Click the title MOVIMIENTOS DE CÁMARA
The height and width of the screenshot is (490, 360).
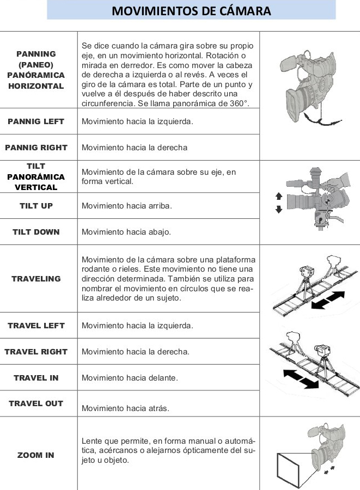click(191, 10)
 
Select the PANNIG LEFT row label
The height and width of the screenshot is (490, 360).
click(36, 121)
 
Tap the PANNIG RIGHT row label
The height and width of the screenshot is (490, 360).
click(36, 148)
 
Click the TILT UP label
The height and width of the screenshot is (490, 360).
click(36, 206)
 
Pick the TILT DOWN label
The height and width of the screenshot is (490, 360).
click(36, 232)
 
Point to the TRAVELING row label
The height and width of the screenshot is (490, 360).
click(36, 279)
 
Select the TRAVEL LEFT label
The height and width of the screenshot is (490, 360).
click(36, 326)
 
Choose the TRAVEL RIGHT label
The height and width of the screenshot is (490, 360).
click(36, 352)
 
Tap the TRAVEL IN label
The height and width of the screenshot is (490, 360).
click(36, 378)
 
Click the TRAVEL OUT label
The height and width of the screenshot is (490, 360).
click(36, 403)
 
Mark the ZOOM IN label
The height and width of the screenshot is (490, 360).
click(36, 455)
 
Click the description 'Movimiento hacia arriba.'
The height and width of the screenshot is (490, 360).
click(126, 206)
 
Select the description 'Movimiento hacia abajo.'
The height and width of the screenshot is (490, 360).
click(126, 232)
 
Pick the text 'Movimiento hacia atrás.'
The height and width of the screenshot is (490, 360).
click(125, 408)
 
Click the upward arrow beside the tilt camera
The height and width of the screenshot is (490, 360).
click(279, 197)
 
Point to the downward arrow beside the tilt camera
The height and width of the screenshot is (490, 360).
click(279, 210)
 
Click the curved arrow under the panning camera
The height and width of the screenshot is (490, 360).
click(318, 121)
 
